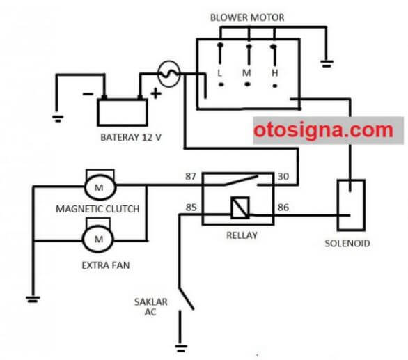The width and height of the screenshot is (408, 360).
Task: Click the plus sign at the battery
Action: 156,94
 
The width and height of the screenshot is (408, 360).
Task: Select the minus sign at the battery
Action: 88,94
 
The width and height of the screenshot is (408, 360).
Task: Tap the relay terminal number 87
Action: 191,176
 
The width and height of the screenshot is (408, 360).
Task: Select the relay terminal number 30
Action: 283,176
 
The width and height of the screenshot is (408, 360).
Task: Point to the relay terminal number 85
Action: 191,208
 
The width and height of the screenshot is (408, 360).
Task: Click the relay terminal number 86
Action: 283,208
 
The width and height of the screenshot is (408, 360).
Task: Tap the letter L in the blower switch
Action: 220,73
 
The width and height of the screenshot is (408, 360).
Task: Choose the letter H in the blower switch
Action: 275,73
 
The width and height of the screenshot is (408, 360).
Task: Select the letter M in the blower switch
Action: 246,73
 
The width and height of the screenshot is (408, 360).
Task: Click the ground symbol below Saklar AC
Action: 181,348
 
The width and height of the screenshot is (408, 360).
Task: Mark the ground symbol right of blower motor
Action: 327,63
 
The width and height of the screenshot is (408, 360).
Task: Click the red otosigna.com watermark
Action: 323,130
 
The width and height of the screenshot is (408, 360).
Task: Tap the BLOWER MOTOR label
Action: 247,17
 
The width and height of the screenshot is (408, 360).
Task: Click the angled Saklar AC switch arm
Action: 187,299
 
